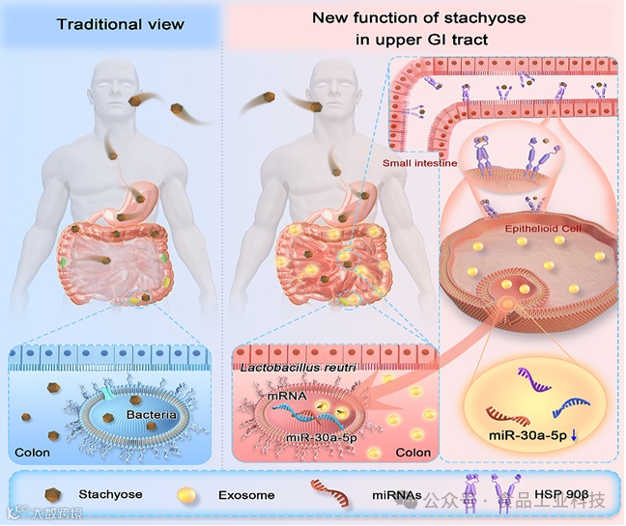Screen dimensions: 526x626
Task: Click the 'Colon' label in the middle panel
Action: pos(413,452)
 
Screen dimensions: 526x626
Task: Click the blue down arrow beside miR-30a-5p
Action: pos(577,436)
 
